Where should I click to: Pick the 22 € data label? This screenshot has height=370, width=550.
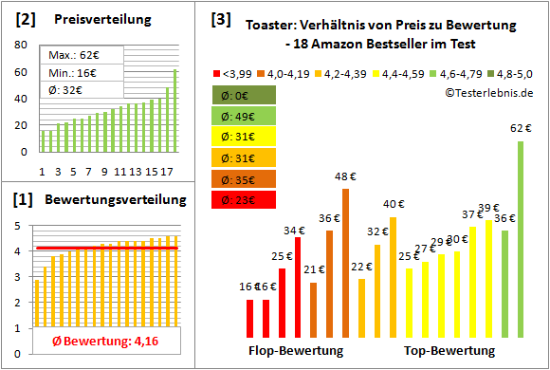361,268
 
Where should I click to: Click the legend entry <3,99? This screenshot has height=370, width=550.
234,72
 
